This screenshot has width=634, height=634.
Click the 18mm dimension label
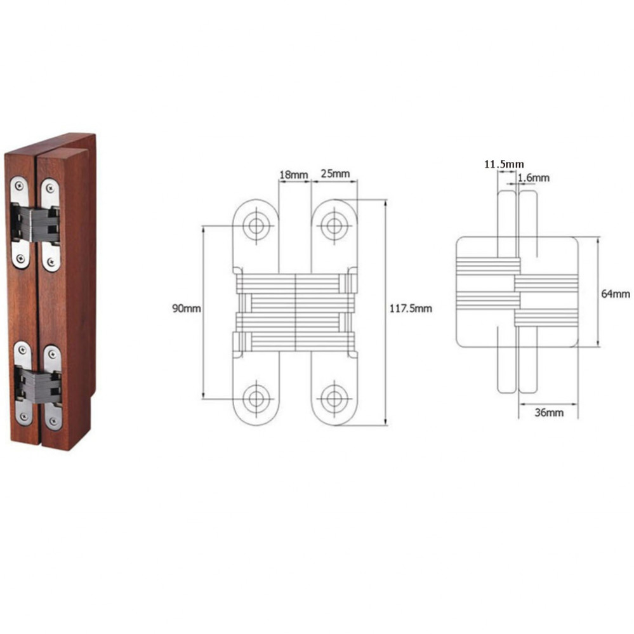(x=294, y=175)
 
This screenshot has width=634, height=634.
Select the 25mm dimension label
(x=335, y=173)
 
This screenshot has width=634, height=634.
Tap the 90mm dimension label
(x=187, y=308)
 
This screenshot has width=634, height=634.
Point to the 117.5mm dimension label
(x=411, y=308)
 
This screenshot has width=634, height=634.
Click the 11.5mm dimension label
(x=504, y=164)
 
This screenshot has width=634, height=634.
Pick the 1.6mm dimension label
(x=534, y=178)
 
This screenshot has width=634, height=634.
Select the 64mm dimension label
(x=616, y=294)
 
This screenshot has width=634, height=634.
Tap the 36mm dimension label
(x=549, y=413)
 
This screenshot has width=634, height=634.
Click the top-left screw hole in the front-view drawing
(x=256, y=226)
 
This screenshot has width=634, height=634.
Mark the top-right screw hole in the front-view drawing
(x=334, y=226)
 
